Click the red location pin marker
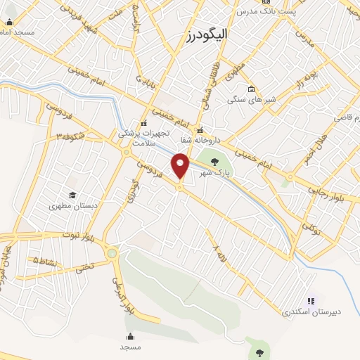181,165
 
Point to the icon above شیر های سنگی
251,89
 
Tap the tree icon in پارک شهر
214,162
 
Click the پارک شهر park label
214,173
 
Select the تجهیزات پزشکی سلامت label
144,136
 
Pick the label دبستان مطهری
72,207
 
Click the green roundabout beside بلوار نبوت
112,252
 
